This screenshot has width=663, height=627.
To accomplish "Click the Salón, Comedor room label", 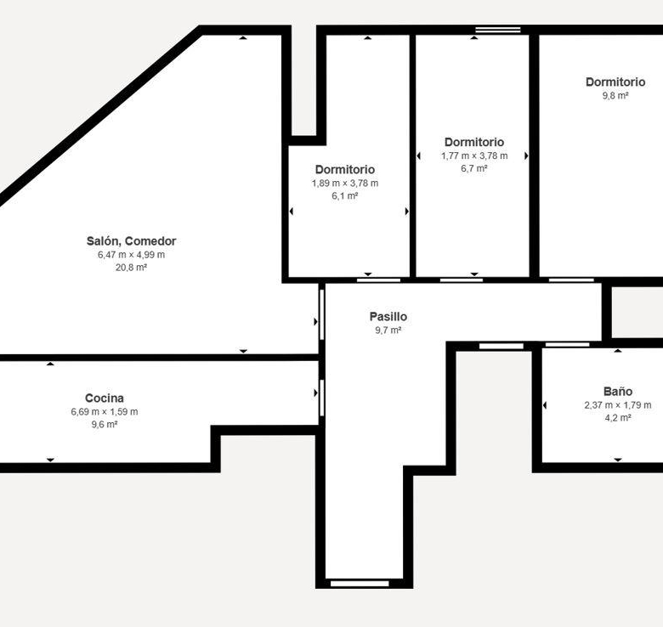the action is pos(131,241).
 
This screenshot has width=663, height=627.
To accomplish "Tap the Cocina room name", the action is pos(105,398).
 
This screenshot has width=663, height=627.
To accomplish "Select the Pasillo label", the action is pos(388,316).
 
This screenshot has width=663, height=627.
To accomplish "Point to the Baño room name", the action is pos(618,392).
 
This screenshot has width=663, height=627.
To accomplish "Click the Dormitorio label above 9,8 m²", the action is pos(615,82).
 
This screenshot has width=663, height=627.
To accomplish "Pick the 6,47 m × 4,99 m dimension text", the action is pos(131,255).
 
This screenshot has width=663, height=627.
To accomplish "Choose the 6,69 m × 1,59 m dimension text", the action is pos(105,411).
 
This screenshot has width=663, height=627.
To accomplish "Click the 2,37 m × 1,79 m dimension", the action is pos(618,405).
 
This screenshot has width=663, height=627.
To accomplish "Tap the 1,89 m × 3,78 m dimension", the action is pos(345,184).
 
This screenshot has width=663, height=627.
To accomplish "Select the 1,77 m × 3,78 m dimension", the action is pos(474,156).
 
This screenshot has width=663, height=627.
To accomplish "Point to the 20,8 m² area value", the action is pos(131,268).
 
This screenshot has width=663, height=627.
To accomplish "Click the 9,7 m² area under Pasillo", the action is pos(388,330).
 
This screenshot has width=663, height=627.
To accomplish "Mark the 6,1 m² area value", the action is pos(345,196).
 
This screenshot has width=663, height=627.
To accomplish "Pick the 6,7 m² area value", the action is pos(474,168).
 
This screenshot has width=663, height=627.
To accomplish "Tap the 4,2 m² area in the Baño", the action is pos(618,418).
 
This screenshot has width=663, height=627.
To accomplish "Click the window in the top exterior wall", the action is pos(498,30).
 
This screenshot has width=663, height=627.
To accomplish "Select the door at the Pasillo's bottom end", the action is pos(360,584).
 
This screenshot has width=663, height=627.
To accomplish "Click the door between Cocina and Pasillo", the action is pos(322,398).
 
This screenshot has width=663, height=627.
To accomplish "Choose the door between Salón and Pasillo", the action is pos(322,314).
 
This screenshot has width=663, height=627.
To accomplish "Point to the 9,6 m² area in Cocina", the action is pos(105,424).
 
